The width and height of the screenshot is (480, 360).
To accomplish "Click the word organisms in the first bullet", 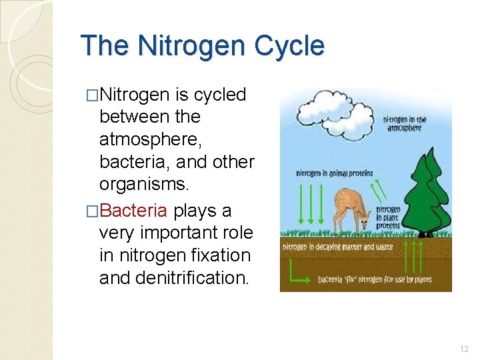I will pyautogui.click(x=139, y=184).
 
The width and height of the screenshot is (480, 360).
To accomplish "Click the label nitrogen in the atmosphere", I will pyautogui.click(x=405, y=124).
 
